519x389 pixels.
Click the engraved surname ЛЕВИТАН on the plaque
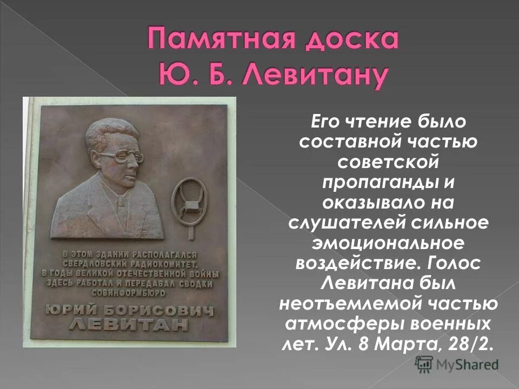coord(129,325)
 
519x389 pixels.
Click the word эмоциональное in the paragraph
coord(388,243)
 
